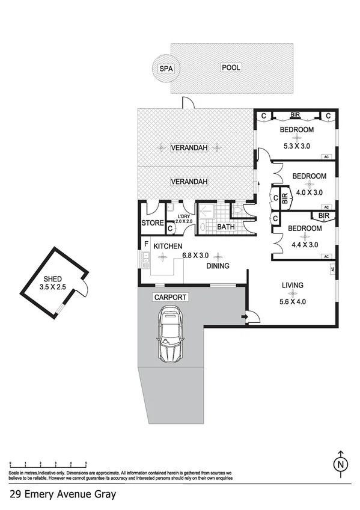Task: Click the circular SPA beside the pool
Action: pyautogui.click(x=165, y=69)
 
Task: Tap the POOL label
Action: pyautogui.click(x=231, y=68)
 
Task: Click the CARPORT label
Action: pyautogui.click(x=170, y=297)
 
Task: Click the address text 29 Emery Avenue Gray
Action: pyautogui.click(x=58, y=494)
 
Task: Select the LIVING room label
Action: pyautogui.click(x=292, y=285)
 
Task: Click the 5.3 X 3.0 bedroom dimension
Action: pyautogui.click(x=297, y=145)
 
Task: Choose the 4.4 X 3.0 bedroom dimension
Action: pyautogui.click(x=304, y=245)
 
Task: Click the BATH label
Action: pyautogui.click(x=225, y=227)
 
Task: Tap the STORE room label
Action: pyautogui.click(x=153, y=224)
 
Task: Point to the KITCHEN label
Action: pyautogui.click(x=168, y=247)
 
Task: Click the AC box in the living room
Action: pyautogui.click(x=332, y=271)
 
